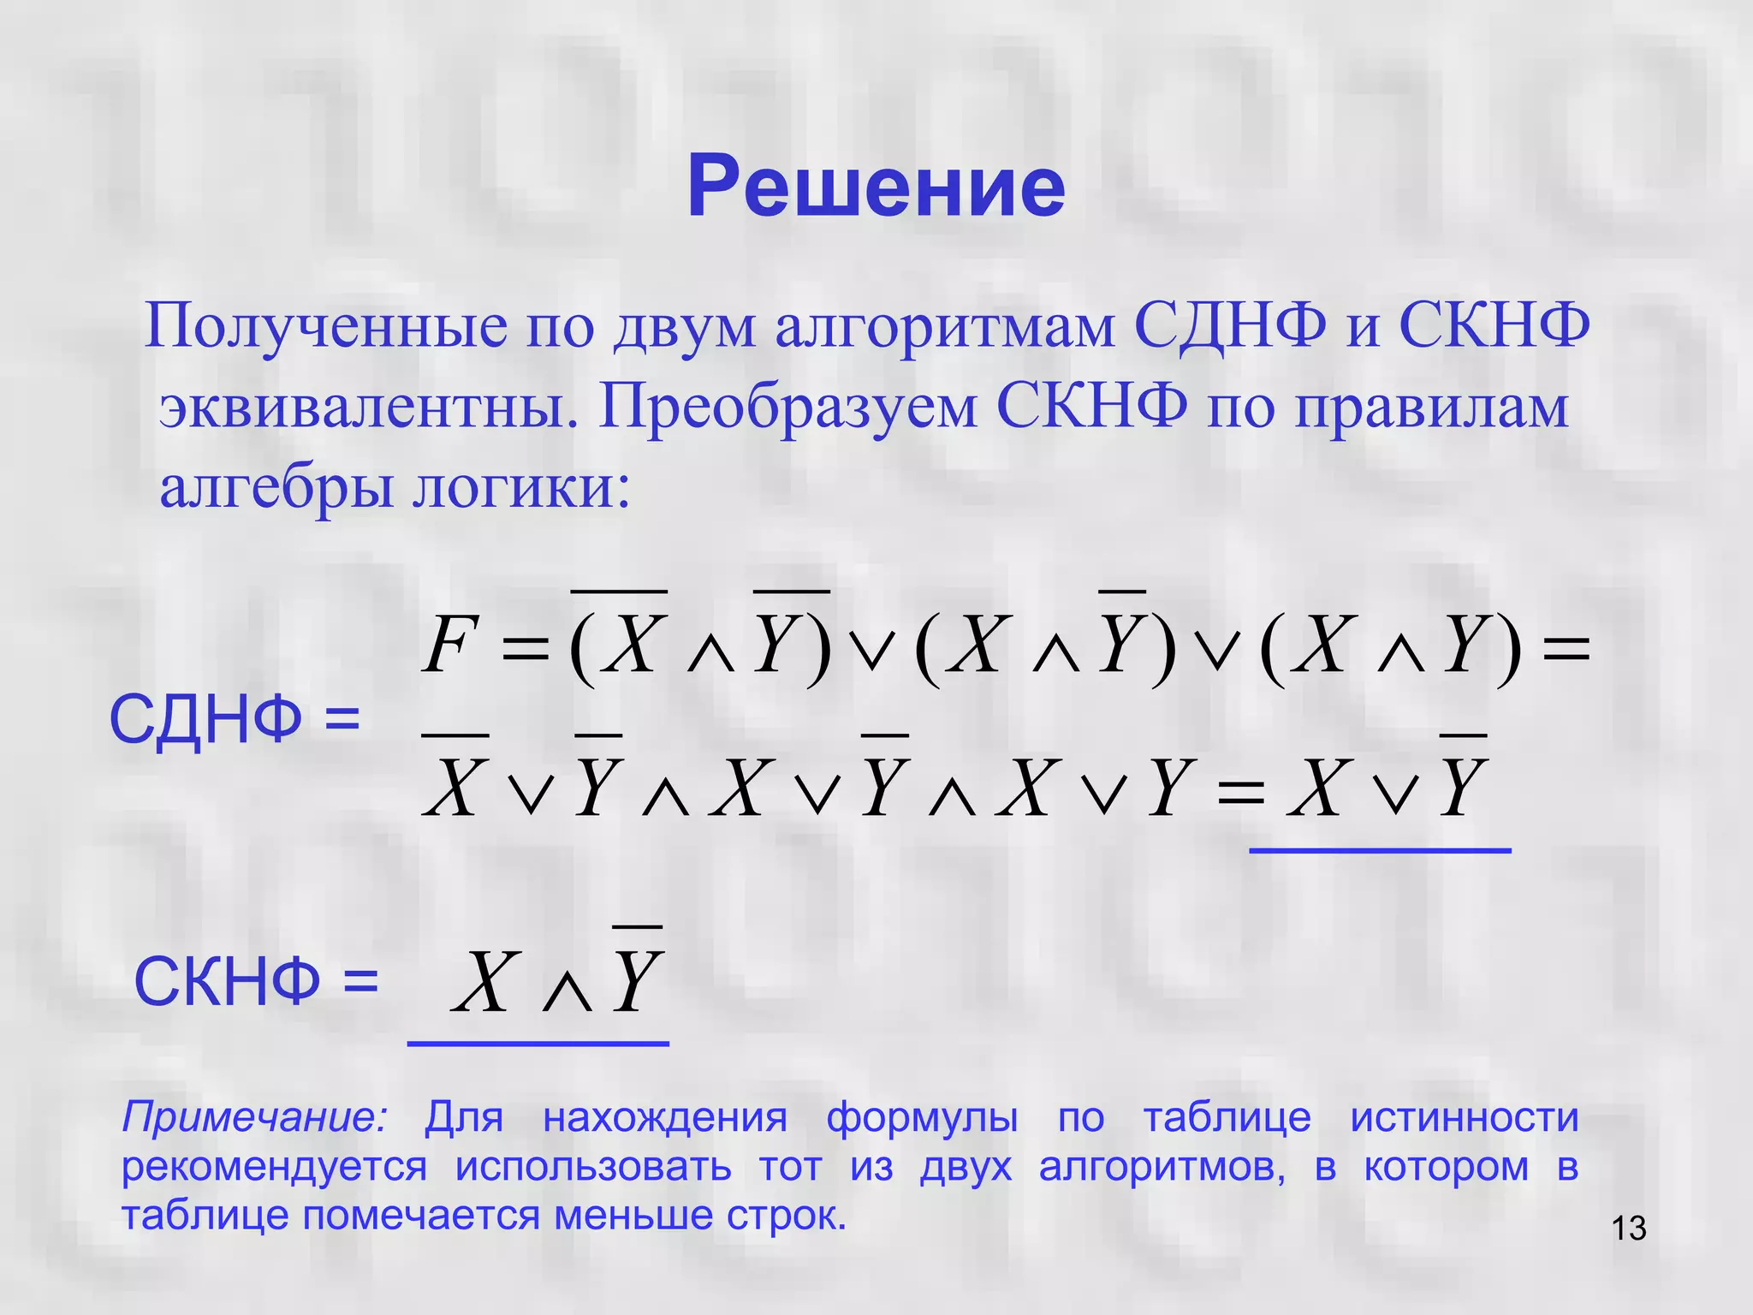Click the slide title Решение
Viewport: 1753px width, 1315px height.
coord(876,187)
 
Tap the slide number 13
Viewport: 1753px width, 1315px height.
coord(1628,1229)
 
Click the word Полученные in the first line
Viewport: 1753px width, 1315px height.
coord(325,327)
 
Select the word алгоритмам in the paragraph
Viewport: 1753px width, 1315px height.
coord(946,327)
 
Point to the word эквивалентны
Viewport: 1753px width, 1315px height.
coord(367,408)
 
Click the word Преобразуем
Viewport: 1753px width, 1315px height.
coord(787,408)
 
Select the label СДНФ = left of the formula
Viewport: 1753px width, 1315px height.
coord(235,719)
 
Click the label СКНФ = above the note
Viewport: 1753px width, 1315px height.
coord(255,982)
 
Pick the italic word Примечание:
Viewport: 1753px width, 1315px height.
coord(255,1118)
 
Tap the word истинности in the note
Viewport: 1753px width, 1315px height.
coord(1464,1118)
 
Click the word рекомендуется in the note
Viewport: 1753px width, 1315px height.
coord(274,1167)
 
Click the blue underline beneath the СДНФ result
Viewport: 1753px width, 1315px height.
coord(1380,850)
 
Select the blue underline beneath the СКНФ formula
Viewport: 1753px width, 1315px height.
coord(538,1044)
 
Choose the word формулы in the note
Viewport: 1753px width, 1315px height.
coord(922,1118)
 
